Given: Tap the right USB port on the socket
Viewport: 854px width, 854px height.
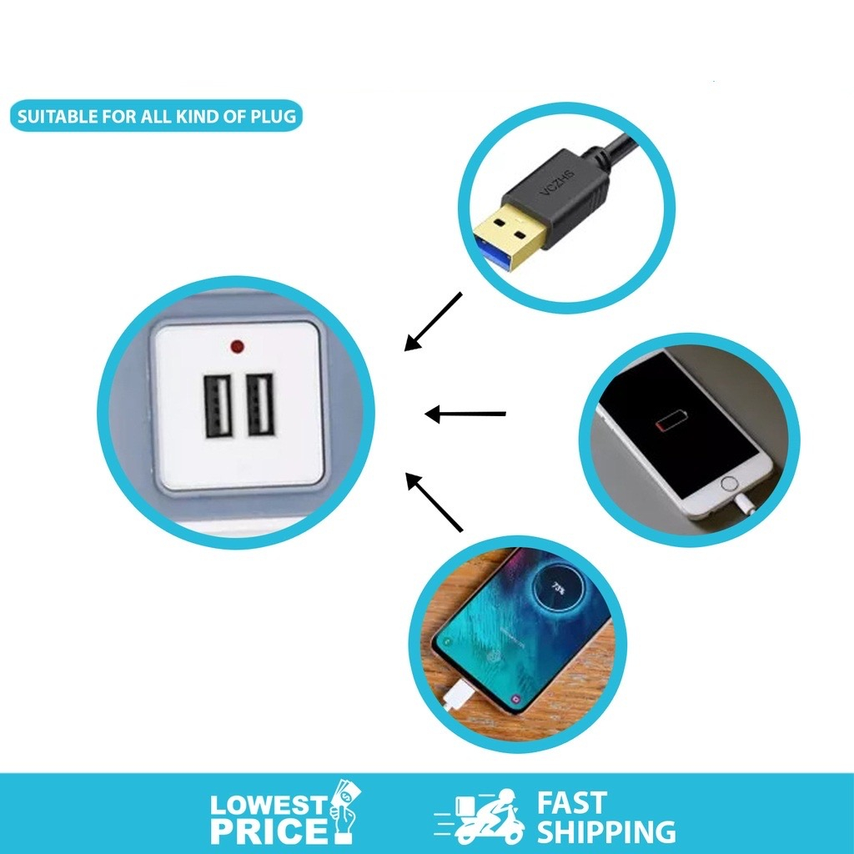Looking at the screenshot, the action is point(260,405).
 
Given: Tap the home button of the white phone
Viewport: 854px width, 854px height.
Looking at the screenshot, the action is point(731,484).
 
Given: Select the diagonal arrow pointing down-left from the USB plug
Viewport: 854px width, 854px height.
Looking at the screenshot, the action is point(433,321).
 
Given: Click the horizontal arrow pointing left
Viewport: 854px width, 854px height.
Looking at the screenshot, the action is point(465,414).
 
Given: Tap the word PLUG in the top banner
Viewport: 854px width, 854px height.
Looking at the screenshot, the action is point(273,117).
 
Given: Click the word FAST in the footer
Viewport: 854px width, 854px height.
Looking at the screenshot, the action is point(571,803).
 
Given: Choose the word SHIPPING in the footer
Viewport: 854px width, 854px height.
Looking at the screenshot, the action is point(605,831).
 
